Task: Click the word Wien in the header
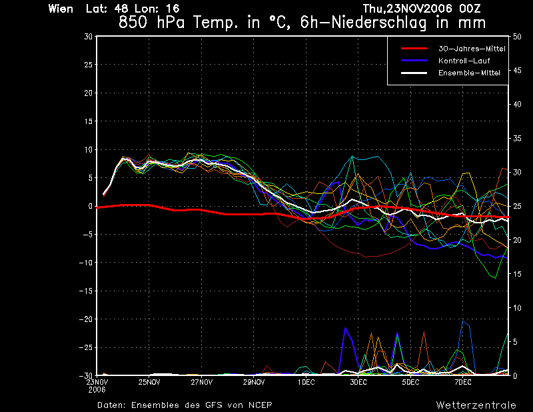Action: click(x=61, y=9)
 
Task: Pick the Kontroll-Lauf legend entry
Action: click(x=460, y=61)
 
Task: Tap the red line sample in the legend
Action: click(x=413, y=49)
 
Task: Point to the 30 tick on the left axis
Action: click(x=88, y=37)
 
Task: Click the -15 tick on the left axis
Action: click(x=87, y=291)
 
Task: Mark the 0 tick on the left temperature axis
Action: click(x=89, y=207)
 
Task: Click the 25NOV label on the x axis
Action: click(x=149, y=383)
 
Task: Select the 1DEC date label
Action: click(x=306, y=383)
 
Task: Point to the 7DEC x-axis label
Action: click(x=463, y=383)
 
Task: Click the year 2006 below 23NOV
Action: click(x=97, y=389)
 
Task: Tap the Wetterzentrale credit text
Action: click(x=476, y=405)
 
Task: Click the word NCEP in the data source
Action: click(x=259, y=405)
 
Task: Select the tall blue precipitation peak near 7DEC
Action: click(x=463, y=322)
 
